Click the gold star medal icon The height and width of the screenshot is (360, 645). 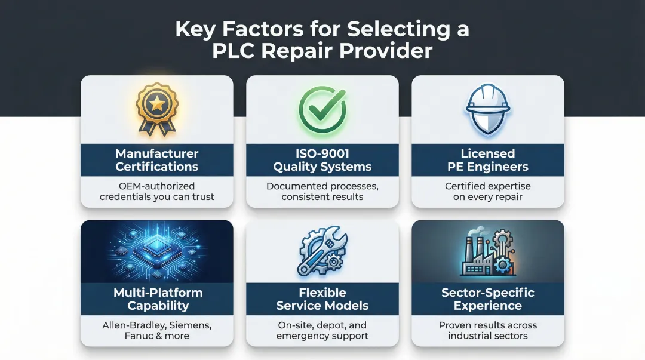tap(156, 108)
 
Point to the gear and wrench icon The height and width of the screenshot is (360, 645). tap(322, 251)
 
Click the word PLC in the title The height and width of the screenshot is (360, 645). tap(237, 51)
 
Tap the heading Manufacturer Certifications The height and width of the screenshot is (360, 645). tap(156, 160)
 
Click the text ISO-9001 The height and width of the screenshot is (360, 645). tap(322, 153)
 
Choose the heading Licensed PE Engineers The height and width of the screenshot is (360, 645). tap(488, 160)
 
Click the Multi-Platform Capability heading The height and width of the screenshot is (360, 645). tap(158, 299)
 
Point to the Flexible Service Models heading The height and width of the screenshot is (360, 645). tap(322, 299)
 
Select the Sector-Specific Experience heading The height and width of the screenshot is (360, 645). tap(488, 299)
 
